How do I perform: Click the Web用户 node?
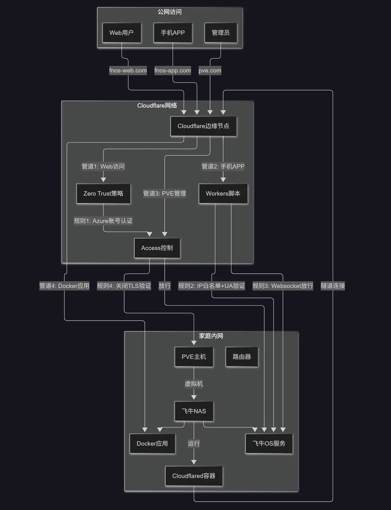[x=122, y=33]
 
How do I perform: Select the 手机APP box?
[x=173, y=33]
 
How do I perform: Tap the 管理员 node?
[x=220, y=33]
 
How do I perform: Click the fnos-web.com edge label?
[x=128, y=71]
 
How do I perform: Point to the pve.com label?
[x=210, y=71]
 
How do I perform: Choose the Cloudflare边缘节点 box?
[x=203, y=126]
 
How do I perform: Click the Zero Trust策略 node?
[x=103, y=193]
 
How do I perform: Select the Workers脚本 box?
[x=223, y=193]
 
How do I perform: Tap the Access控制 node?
[x=157, y=248]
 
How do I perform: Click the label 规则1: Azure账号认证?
[x=103, y=221]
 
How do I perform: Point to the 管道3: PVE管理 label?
[x=165, y=193]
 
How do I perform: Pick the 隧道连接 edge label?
[x=333, y=286]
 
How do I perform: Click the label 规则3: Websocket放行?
[x=283, y=286]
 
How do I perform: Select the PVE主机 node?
[x=194, y=357]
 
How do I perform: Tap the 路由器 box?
[x=242, y=357]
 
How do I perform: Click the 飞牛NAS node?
[x=194, y=411]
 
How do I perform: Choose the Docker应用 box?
[x=152, y=444]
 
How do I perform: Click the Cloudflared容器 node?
[x=194, y=476]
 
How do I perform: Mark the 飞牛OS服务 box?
[x=269, y=444]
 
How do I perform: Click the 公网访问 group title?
[x=170, y=12]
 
